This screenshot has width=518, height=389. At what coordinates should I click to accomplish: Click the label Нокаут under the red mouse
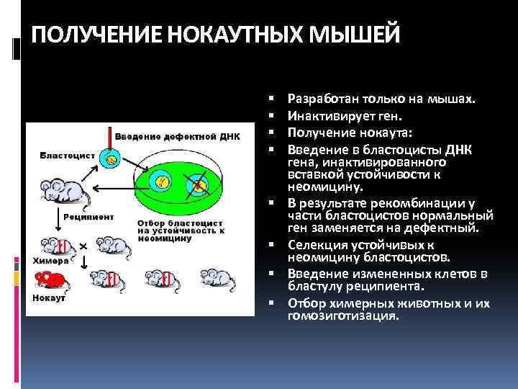(x=47, y=297)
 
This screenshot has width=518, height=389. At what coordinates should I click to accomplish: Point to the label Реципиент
(x=88, y=215)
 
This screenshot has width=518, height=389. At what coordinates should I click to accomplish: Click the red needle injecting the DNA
(x=109, y=138)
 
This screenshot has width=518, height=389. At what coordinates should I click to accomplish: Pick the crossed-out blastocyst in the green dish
(x=197, y=188)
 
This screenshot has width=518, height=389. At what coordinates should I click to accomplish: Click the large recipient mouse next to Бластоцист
(x=60, y=189)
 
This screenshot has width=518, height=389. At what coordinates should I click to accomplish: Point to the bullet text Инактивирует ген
(x=335, y=115)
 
